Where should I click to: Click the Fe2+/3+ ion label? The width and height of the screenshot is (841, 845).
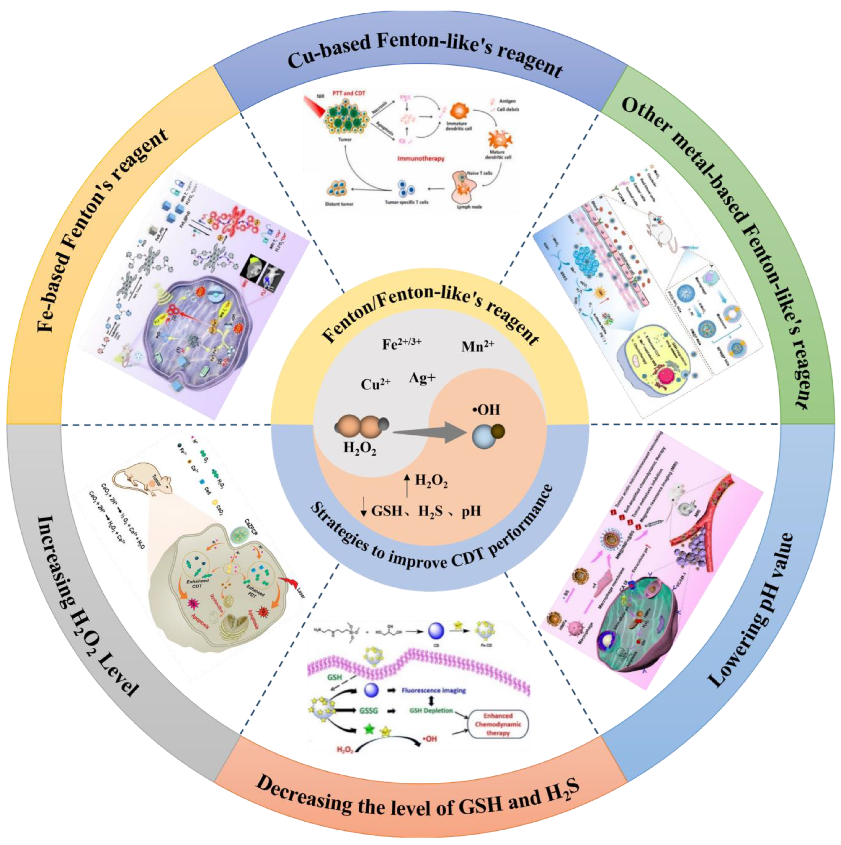click(x=402, y=344)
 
